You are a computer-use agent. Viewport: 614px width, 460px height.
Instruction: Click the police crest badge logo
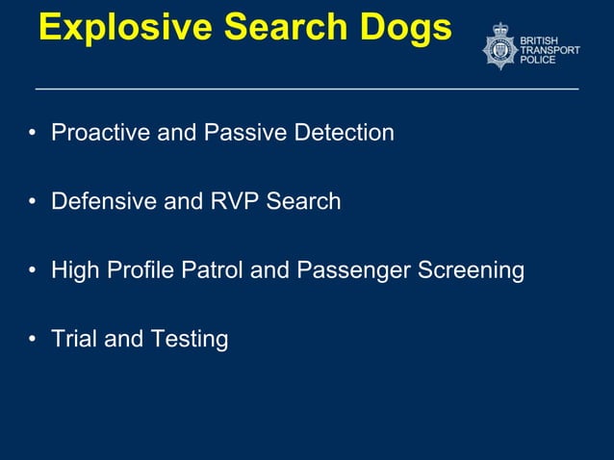[499, 46]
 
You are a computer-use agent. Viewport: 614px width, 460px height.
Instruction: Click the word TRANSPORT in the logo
[550, 50]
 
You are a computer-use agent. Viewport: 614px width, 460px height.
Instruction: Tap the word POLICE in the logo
[537, 60]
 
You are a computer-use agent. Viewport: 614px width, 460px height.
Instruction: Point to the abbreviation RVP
[232, 201]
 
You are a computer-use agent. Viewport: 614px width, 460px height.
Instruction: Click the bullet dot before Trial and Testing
[33, 340]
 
